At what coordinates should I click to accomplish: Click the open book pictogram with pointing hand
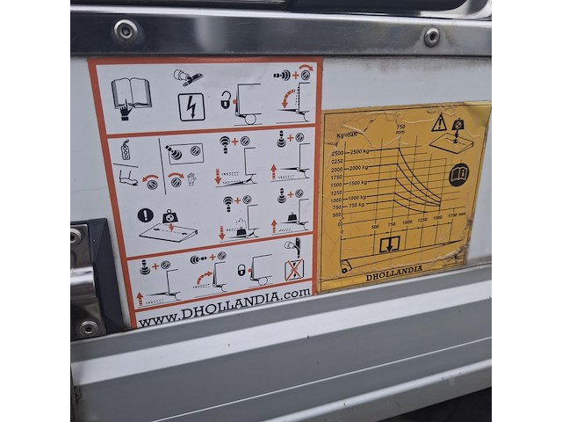131,95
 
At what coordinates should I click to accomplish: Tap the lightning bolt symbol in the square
191,106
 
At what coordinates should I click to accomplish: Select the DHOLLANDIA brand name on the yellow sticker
394,268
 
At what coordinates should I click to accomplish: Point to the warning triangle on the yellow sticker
438,123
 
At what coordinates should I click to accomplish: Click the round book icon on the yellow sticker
458,174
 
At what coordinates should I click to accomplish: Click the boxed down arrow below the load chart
389,244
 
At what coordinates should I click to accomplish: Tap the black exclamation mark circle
145,215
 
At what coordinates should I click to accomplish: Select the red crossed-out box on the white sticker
294,268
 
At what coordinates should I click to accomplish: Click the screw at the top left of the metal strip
126,32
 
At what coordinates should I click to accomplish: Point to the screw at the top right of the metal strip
431,36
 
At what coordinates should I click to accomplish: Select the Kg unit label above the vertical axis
341,135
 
